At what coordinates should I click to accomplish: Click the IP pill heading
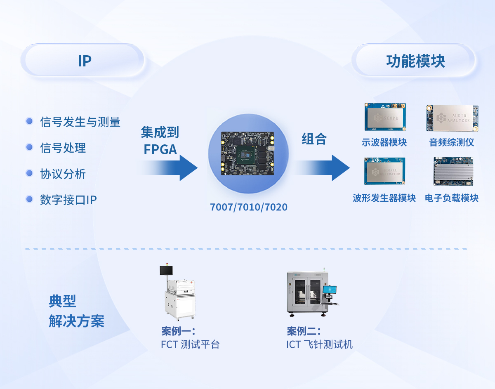click(x=84, y=61)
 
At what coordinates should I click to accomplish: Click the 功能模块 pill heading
click(x=415, y=61)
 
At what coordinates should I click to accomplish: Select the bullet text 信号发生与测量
click(x=80, y=122)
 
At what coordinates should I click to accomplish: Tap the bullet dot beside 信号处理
click(x=29, y=147)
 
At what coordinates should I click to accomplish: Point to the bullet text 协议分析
click(x=63, y=174)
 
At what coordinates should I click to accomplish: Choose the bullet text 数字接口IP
click(x=68, y=200)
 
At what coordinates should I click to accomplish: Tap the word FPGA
click(x=160, y=149)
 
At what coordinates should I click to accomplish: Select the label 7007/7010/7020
click(x=249, y=207)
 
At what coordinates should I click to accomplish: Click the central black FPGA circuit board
click(x=247, y=153)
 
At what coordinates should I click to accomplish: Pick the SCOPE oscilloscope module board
click(x=384, y=117)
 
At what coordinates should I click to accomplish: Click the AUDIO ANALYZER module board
click(x=452, y=118)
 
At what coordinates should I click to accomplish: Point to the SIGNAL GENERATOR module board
click(x=384, y=171)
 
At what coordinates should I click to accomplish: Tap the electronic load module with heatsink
click(x=453, y=171)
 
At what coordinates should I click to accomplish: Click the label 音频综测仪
click(x=452, y=143)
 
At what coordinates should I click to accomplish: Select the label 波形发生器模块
click(x=384, y=198)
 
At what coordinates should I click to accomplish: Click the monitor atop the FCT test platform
click(x=166, y=271)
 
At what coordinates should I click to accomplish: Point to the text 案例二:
click(x=304, y=331)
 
